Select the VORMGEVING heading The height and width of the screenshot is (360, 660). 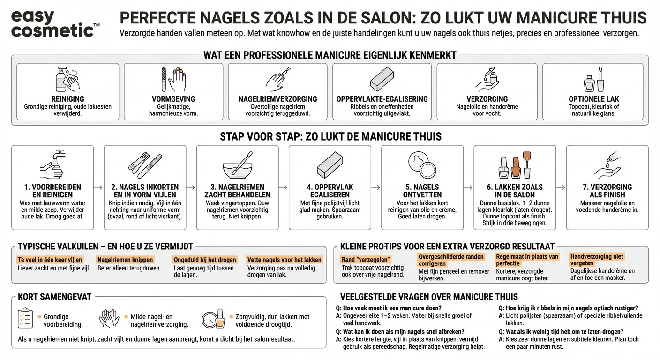173,99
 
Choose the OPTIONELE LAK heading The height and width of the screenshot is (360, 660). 593,99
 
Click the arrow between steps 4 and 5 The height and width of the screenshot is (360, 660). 376,187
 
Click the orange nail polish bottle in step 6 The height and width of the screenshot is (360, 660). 516,167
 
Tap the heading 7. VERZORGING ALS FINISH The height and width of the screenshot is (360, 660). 607,190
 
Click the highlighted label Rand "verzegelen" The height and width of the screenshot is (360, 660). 366,260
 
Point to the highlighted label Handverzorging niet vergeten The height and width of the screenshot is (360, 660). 596,260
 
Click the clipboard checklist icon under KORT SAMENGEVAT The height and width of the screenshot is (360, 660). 25,318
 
